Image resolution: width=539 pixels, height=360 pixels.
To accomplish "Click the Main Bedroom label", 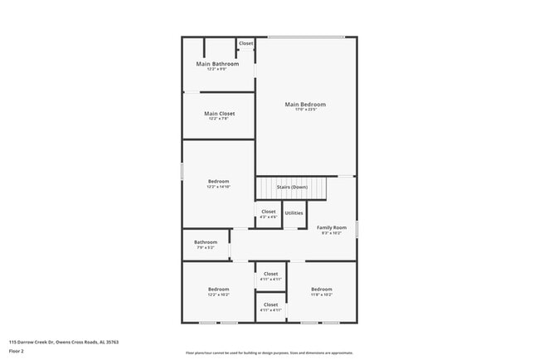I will pyautogui.click(x=305, y=105).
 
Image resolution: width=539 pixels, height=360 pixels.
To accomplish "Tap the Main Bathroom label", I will pyautogui.click(x=217, y=64).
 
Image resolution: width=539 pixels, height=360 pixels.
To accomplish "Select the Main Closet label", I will pyautogui.click(x=219, y=114).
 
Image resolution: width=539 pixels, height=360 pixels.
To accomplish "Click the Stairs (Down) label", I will pyautogui.click(x=291, y=187).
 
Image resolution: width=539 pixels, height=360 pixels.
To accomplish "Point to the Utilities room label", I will pyautogui.click(x=294, y=213).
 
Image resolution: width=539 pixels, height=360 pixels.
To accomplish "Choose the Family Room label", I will pyautogui.click(x=331, y=227).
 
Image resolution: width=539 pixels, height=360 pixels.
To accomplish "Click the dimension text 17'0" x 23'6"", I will pyautogui.click(x=305, y=110).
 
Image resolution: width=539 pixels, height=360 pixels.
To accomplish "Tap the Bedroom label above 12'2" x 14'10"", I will pyautogui.click(x=218, y=181).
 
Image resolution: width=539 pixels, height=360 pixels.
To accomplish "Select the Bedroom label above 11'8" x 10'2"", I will pyautogui.click(x=321, y=289).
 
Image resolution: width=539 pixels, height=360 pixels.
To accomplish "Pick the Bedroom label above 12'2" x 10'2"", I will pyautogui.click(x=218, y=289).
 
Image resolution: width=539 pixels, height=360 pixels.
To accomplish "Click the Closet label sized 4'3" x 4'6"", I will pyautogui.click(x=268, y=212).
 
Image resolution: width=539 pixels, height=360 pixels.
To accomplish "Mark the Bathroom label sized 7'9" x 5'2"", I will pyautogui.click(x=206, y=242).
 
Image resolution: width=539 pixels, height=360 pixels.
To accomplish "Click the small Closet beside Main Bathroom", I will pyautogui.click(x=245, y=43).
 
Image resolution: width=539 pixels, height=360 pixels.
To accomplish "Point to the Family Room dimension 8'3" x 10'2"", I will pyautogui.click(x=331, y=233).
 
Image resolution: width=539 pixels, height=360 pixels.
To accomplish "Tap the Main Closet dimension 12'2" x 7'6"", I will pyautogui.click(x=219, y=119).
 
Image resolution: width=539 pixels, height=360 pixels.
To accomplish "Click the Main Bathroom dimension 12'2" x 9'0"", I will pyautogui.click(x=217, y=69).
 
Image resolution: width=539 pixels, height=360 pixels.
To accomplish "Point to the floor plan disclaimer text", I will pyautogui.click(x=269, y=352).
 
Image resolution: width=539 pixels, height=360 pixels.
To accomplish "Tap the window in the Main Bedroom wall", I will pyautogui.click(x=305, y=36).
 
